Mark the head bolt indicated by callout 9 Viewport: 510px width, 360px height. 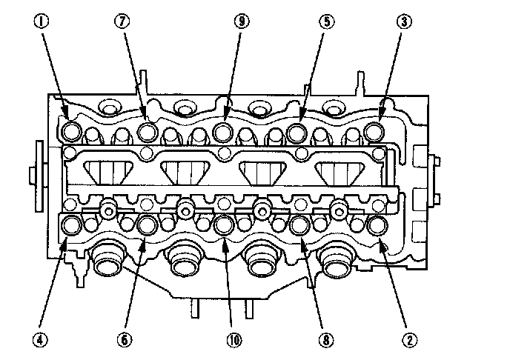[222, 133]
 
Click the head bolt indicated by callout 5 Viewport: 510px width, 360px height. [297, 133]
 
